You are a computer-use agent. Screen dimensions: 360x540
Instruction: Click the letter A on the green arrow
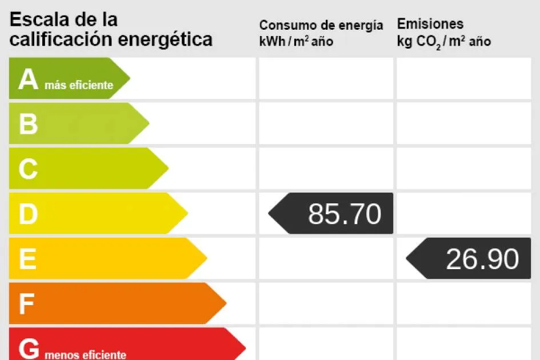coord(27,80)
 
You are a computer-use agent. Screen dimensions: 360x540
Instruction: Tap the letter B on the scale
coord(28,124)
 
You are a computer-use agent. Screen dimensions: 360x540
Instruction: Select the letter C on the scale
coord(28,169)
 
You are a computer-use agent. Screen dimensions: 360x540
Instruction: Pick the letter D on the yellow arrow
coord(28,214)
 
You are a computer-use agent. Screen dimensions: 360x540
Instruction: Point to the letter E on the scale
coord(27,259)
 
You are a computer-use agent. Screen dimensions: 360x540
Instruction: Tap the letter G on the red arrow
coord(29,349)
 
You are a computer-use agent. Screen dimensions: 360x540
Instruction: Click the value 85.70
coord(345,214)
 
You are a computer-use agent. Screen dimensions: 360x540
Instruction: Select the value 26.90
coord(482,259)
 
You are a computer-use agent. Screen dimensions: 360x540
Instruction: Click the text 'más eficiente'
coord(79,86)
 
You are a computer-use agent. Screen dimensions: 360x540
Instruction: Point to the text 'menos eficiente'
coord(85,355)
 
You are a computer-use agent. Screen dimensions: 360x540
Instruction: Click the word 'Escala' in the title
coord(40,19)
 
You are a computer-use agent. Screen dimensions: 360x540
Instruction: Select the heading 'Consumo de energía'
coord(321,26)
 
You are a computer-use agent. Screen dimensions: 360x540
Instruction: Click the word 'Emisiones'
coord(430,24)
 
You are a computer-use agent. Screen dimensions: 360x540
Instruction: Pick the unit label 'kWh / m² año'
coord(296,41)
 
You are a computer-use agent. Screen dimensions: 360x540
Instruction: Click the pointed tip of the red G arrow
coord(245,347)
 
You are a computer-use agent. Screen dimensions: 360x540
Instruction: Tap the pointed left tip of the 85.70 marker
coord(269,214)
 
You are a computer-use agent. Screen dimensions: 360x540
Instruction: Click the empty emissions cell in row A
coord(463,78)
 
